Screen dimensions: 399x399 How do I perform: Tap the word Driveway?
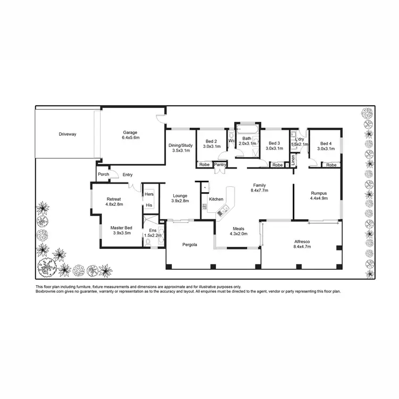coord(68,134)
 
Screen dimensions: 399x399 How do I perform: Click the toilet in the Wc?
coord(231,134)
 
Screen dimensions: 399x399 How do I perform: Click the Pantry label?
coord(220,165)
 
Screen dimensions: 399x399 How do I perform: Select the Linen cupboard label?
coord(292,159)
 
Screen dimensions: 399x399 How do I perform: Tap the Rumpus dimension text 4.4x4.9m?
coord(319,198)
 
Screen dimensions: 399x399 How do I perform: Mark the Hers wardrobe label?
coord(149,194)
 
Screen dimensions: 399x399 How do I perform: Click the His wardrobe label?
coord(149,205)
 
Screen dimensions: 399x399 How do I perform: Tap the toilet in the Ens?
coord(147,242)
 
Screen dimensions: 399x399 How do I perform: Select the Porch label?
coord(103,174)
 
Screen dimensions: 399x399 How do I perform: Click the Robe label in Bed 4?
coord(331,165)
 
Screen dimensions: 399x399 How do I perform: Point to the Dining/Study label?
coord(180,145)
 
